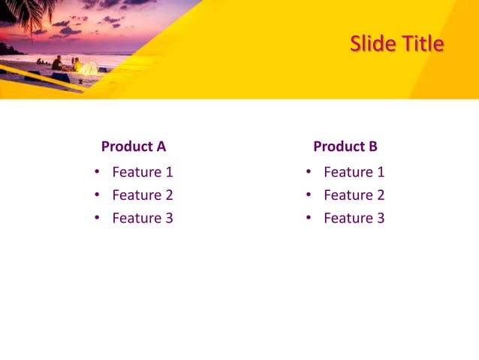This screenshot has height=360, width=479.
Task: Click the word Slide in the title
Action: pos(372,44)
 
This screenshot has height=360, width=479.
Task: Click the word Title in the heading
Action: pos(422,44)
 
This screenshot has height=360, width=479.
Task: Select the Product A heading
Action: pos(134,147)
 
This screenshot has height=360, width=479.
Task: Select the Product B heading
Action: pos(345,147)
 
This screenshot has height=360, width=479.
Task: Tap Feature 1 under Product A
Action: pos(143,172)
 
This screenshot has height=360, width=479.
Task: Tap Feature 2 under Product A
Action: pos(143,195)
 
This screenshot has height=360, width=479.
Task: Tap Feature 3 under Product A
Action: pos(143,218)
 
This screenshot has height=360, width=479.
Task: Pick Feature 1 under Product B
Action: pos(354,172)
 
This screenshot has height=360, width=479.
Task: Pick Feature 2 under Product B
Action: pos(354,195)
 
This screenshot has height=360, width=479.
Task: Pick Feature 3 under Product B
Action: pos(354,218)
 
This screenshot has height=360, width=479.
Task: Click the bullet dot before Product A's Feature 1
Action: pos(97,171)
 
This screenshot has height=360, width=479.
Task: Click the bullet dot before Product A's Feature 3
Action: pos(97,218)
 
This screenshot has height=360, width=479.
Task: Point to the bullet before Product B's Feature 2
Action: pos(309,195)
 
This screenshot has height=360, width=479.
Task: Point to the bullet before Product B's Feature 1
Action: pos(309,171)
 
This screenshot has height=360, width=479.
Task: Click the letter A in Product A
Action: pos(161,147)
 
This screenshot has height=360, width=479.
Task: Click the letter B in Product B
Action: pos(372,147)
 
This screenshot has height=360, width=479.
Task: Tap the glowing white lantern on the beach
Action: pos(89,68)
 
